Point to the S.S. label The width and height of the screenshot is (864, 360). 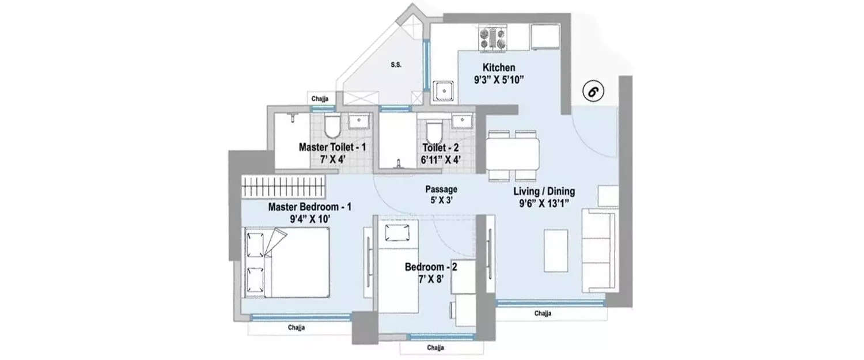click(x=396, y=65)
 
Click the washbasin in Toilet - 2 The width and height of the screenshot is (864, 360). click(x=461, y=120)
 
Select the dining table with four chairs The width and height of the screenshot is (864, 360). click(x=513, y=154)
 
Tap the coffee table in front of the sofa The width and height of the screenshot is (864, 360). click(x=556, y=251)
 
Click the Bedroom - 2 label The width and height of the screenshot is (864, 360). click(x=431, y=267)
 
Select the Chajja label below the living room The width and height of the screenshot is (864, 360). click(x=543, y=314)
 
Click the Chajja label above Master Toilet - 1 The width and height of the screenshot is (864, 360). click(x=320, y=98)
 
